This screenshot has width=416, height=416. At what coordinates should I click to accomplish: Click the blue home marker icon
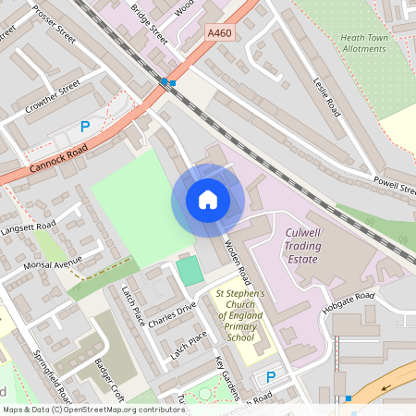point(208,199)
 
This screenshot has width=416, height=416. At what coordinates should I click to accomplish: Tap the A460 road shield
point(220,31)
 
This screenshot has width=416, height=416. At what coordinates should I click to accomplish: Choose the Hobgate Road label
point(351,300)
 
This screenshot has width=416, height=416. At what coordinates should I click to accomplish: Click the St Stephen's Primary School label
point(239,316)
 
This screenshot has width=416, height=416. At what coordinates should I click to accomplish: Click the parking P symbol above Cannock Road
point(85,127)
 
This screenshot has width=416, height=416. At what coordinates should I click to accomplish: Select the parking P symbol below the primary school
point(271,377)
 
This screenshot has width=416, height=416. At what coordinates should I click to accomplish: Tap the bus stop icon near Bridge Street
point(168,82)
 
